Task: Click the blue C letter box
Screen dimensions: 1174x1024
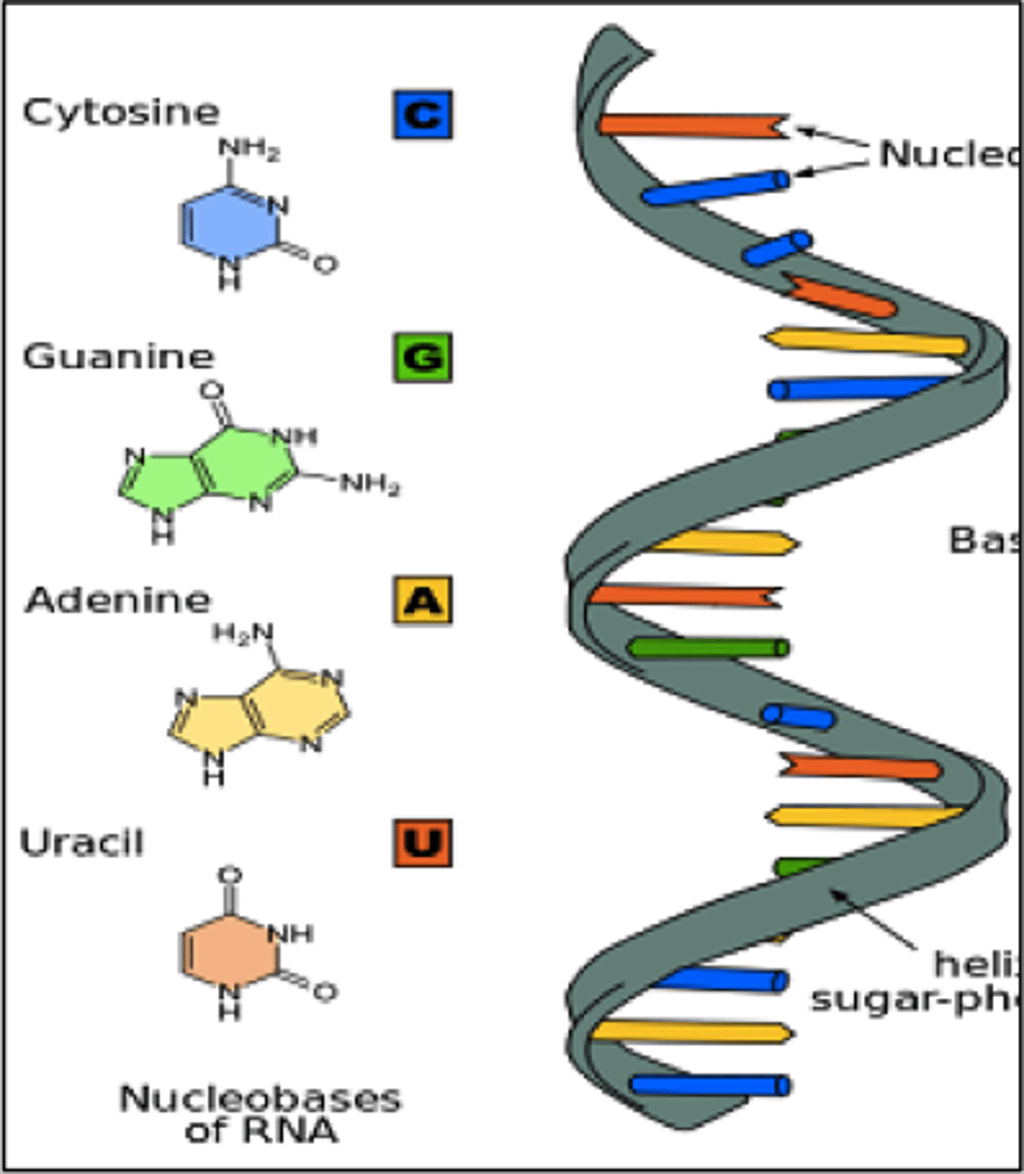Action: (423, 114)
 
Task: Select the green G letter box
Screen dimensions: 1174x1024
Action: (423, 357)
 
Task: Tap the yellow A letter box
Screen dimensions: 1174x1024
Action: (423, 600)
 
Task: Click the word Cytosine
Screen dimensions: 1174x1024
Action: (121, 113)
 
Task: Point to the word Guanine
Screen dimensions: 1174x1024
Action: (118, 356)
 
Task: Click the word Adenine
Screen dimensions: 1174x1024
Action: (118, 599)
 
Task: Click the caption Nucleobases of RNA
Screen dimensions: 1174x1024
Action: (260, 1113)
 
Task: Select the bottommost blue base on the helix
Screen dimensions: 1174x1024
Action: (710, 1084)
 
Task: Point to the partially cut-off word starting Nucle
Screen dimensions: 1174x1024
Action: (949, 154)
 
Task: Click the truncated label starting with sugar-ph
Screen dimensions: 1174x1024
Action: (914, 1000)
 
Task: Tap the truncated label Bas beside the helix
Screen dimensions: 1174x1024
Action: (983, 540)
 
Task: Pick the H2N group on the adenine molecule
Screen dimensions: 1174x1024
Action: (243, 634)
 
